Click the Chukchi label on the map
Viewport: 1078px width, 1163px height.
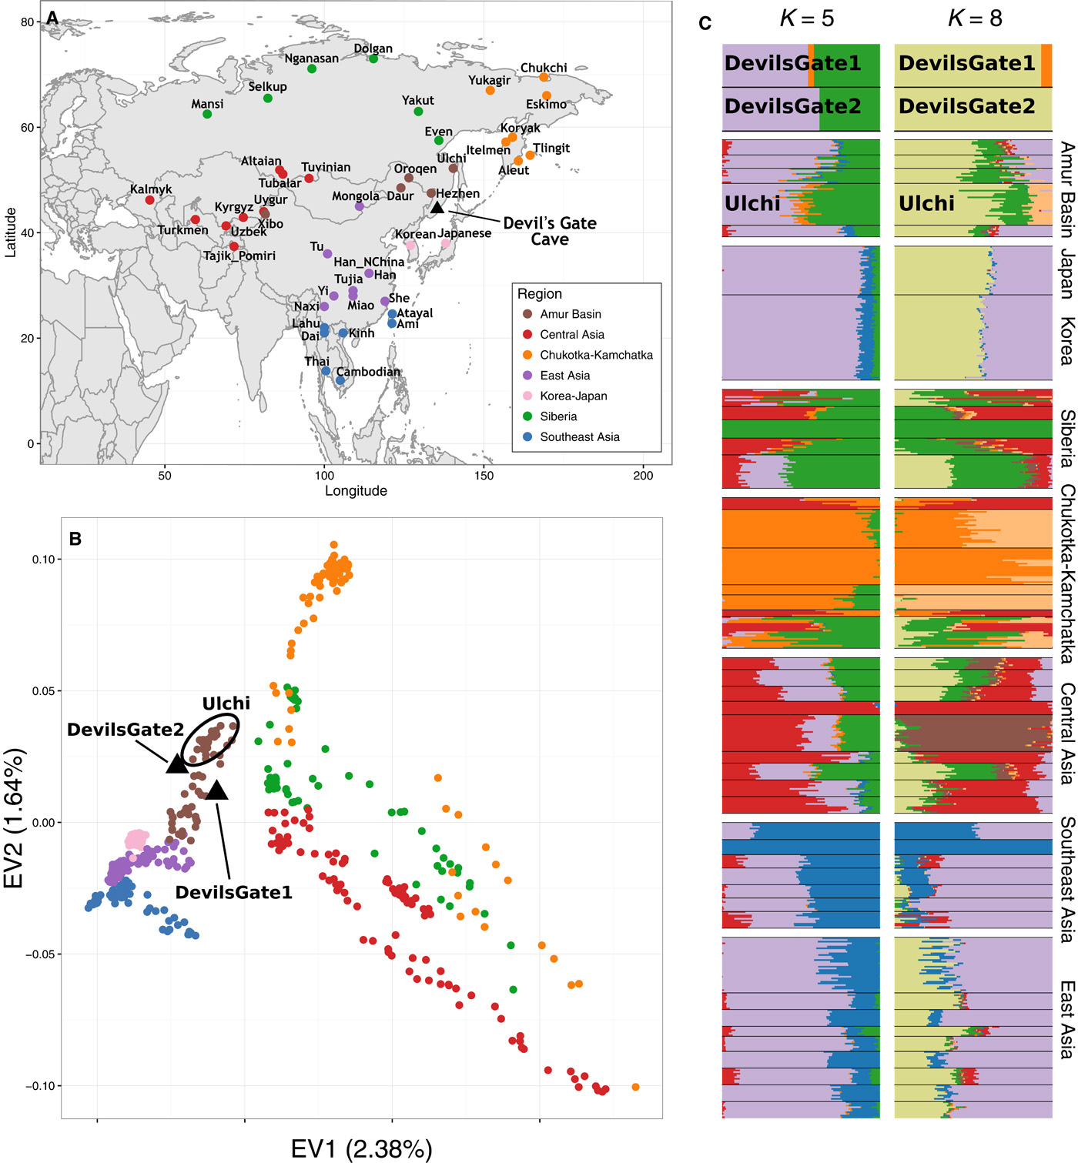tap(544, 68)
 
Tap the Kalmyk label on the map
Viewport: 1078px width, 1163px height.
tap(151, 189)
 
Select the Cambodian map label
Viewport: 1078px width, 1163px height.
tap(368, 372)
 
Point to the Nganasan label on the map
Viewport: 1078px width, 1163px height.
tap(311, 58)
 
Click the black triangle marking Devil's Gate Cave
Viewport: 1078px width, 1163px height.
tap(437, 207)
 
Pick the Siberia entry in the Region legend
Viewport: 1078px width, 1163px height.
tap(558, 416)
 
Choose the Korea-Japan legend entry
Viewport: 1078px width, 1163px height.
tap(573, 396)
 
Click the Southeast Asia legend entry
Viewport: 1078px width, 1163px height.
tap(579, 437)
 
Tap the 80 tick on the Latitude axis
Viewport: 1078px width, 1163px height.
tap(28, 22)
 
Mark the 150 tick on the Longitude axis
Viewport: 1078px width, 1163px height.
tap(484, 475)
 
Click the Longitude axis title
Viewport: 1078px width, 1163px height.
tap(356, 491)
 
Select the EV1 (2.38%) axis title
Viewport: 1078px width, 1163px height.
tap(361, 1149)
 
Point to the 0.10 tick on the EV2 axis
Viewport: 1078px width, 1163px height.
tap(44, 560)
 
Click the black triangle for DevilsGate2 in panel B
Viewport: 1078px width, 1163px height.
tap(177, 763)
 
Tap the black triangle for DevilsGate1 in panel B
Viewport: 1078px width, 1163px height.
tap(216, 789)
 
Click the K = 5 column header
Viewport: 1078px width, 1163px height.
tap(806, 18)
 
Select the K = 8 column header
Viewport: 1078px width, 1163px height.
tap(975, 18)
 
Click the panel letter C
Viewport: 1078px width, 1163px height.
tap(705, 22)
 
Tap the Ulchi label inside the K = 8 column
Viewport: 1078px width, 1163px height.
tap(926, 204)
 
